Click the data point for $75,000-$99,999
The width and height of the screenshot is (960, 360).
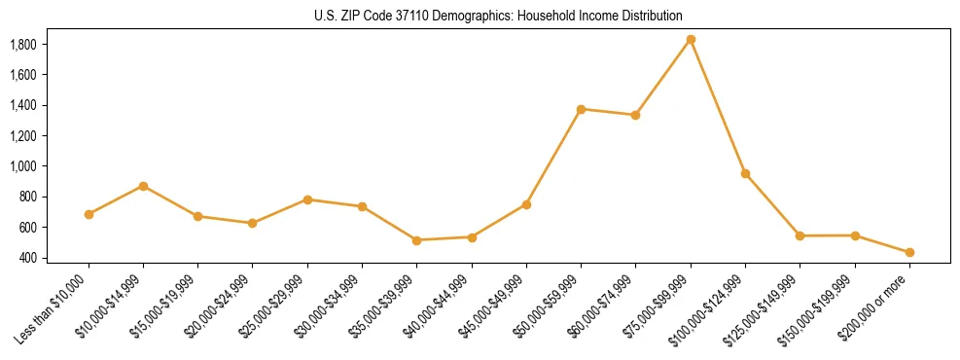pyautogui.click(x=691, y=39)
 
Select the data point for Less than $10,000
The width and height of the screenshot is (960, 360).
pyautogui.click(x=89, y=214)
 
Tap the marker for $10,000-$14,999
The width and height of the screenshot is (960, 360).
pyautogui.click(x=144, y=186)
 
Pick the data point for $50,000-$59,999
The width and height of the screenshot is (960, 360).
pyautogui.click(x=581, y=109)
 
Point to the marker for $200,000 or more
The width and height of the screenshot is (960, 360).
pyautogui.click(x=909, y=252)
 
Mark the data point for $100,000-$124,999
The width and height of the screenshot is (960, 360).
pyautogui.click(x=745, y=173)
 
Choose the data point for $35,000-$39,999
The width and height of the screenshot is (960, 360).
pyautogui.click(x=417, y=240)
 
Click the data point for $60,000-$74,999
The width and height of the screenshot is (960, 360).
pyautogui.click(x=635, y=115)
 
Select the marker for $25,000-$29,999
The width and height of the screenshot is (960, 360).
pyautogui.click(x=307, y=199)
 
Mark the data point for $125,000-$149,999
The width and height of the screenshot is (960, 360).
pyautogui.click(x=800, y=235)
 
